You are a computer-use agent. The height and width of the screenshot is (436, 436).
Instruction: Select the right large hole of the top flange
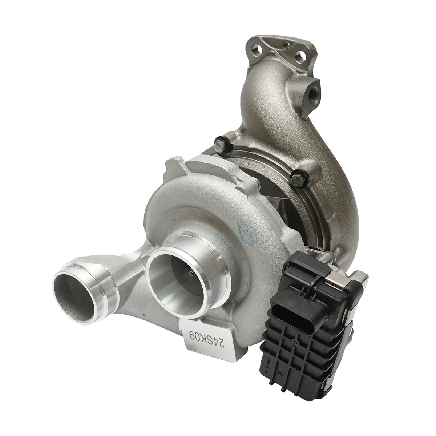click(300, 56)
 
